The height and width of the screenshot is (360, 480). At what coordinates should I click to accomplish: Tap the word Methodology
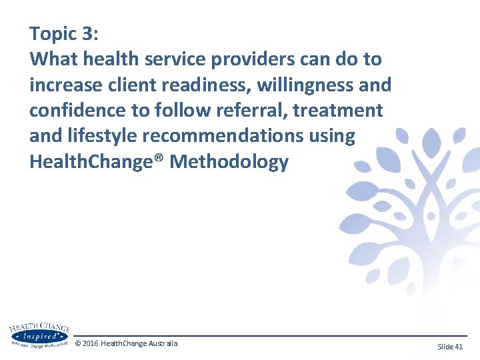pos(229,161)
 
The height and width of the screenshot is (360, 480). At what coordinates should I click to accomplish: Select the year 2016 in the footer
pos(91,343)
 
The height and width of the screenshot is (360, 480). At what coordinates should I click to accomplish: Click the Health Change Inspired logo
pos(39,336)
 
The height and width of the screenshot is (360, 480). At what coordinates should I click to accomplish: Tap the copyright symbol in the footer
pos(78,343)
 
